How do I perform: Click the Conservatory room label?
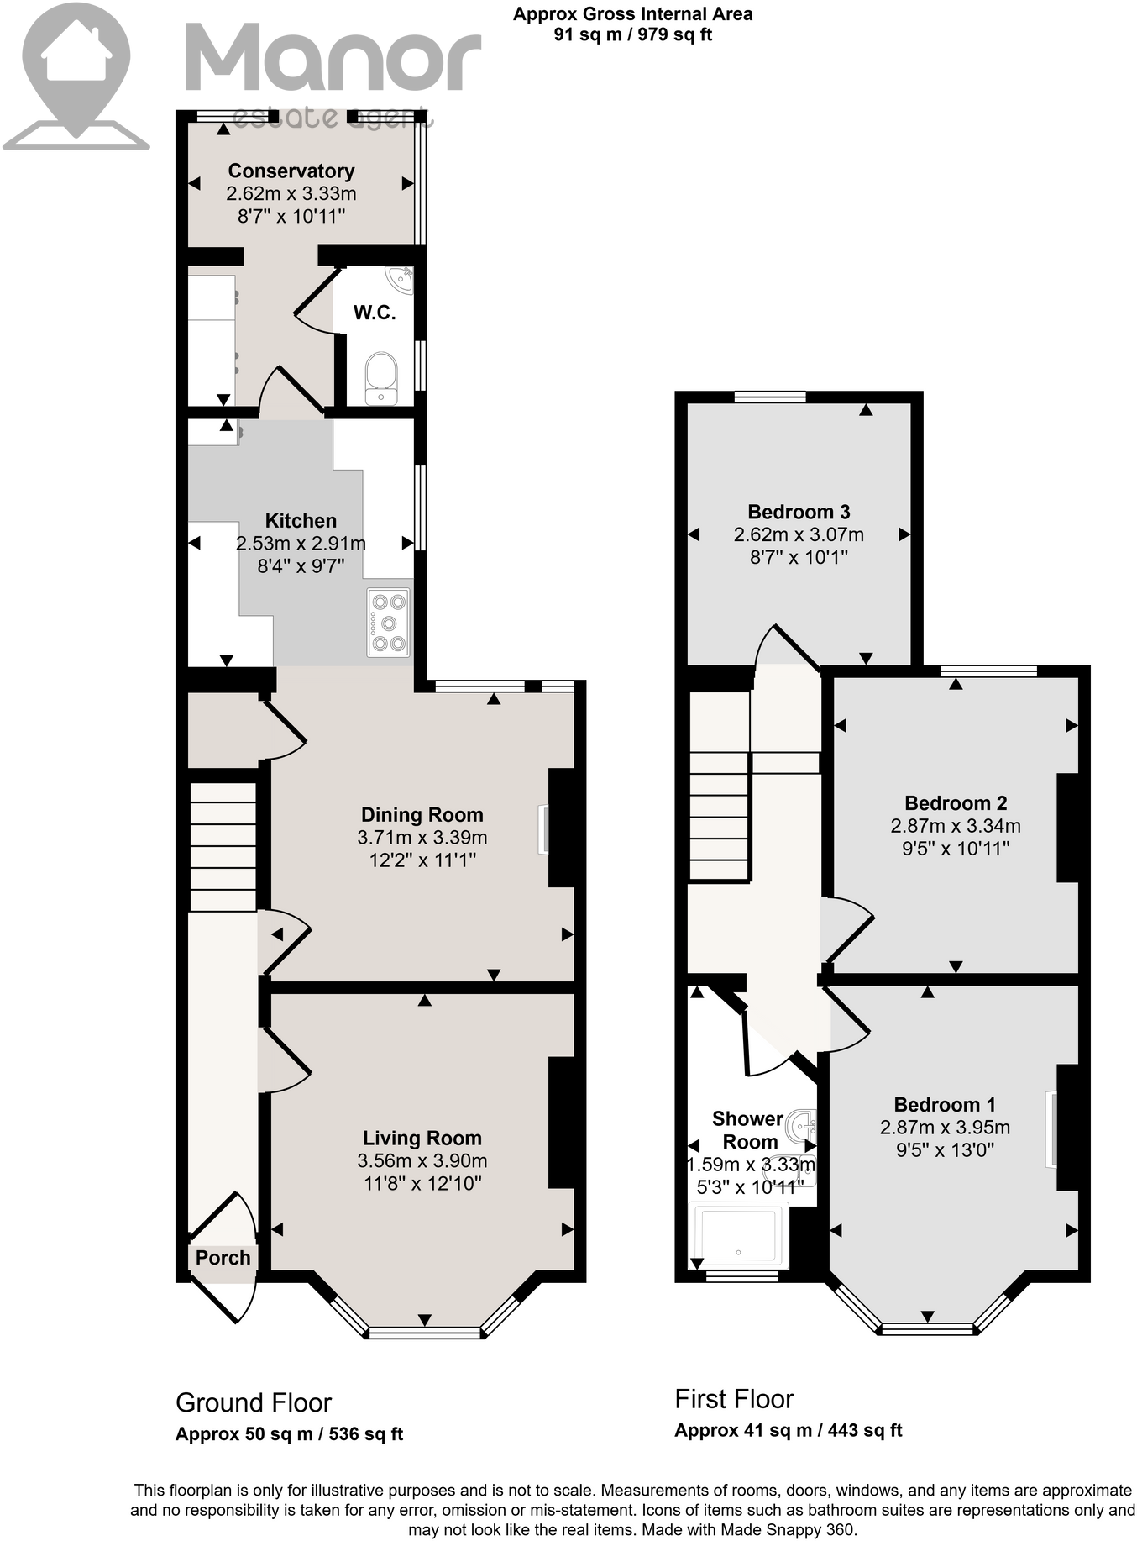pyautogui.click(x=291, y=171)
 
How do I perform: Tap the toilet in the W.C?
pyautogui.click(x=381, y=377)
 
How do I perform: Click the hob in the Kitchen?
pyautogui.click(x=388, y=623)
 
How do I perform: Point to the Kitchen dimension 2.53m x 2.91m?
pyautogui.click(x=301, y=544)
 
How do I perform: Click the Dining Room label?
pyautogui.click(x=422, y=814)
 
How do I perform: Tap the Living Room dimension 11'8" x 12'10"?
pyautogui.click(x=422, y=1183)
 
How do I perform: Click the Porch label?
pyautogui.click(x=223, y=1258)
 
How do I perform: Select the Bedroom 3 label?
pyautogui.click(x=799, y=512)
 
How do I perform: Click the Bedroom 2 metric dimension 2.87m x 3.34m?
pyautogui.click(x=956, y=825)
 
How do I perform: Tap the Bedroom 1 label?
pyautogui.click(x=945, y=1105)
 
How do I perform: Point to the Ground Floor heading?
pyautogui.click(x=254, y=1402)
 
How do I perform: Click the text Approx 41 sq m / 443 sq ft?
pyautogui.click(x=788, y=1430)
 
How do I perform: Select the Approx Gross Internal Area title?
pyautogui.click(x=632, y=14)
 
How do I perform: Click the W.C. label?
pyautogui.click(x=374, y=313)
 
